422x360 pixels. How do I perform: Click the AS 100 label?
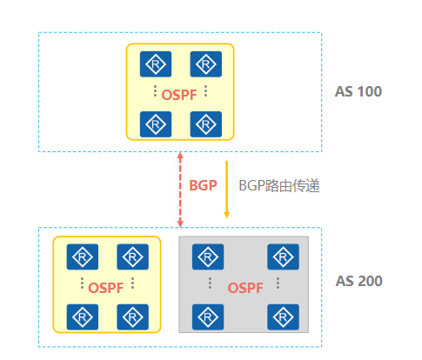point(358,91)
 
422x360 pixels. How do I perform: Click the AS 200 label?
point(358,281)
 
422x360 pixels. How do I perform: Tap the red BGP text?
point(203,185)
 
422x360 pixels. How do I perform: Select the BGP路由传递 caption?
point(279,186)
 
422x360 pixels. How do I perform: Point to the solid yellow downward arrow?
point(227,189)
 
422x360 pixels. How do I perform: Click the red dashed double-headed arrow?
point(180,190)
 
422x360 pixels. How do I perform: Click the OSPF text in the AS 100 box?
point(179,95)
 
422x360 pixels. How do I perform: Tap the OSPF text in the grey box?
point(245,288)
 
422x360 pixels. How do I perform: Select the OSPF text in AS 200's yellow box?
point(106,288)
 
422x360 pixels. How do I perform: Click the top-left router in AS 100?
point(156,64)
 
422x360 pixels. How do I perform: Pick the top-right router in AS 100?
point(206,64)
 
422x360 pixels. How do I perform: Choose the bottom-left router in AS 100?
point(156,124)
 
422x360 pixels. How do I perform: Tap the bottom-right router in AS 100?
point(206,124)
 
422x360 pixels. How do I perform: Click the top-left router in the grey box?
point(208,257)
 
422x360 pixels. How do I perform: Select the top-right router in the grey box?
point(283,257)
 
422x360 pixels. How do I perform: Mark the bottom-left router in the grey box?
point(208,317)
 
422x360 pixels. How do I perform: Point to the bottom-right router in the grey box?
point(283,317)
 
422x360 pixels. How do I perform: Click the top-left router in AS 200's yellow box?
point(83,257)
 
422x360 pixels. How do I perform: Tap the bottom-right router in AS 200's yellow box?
point(132,317)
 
